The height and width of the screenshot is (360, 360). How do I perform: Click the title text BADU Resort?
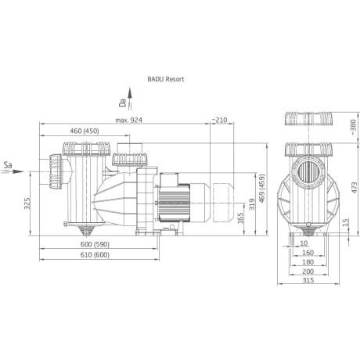[166, 79]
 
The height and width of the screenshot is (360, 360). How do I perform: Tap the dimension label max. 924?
[129, 120]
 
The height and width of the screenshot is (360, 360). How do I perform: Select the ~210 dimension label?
[219, 120]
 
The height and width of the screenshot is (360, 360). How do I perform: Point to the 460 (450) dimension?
[85, 131]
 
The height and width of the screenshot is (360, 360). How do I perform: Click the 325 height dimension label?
[27, 203]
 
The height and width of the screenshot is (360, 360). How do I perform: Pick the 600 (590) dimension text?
[95, 244]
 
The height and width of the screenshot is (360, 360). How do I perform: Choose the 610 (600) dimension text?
[95, 255]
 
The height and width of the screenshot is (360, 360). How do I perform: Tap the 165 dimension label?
[240, 218]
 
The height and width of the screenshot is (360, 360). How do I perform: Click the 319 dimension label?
[252, 204]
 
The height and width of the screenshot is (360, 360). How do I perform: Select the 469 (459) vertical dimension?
[262, 188]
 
